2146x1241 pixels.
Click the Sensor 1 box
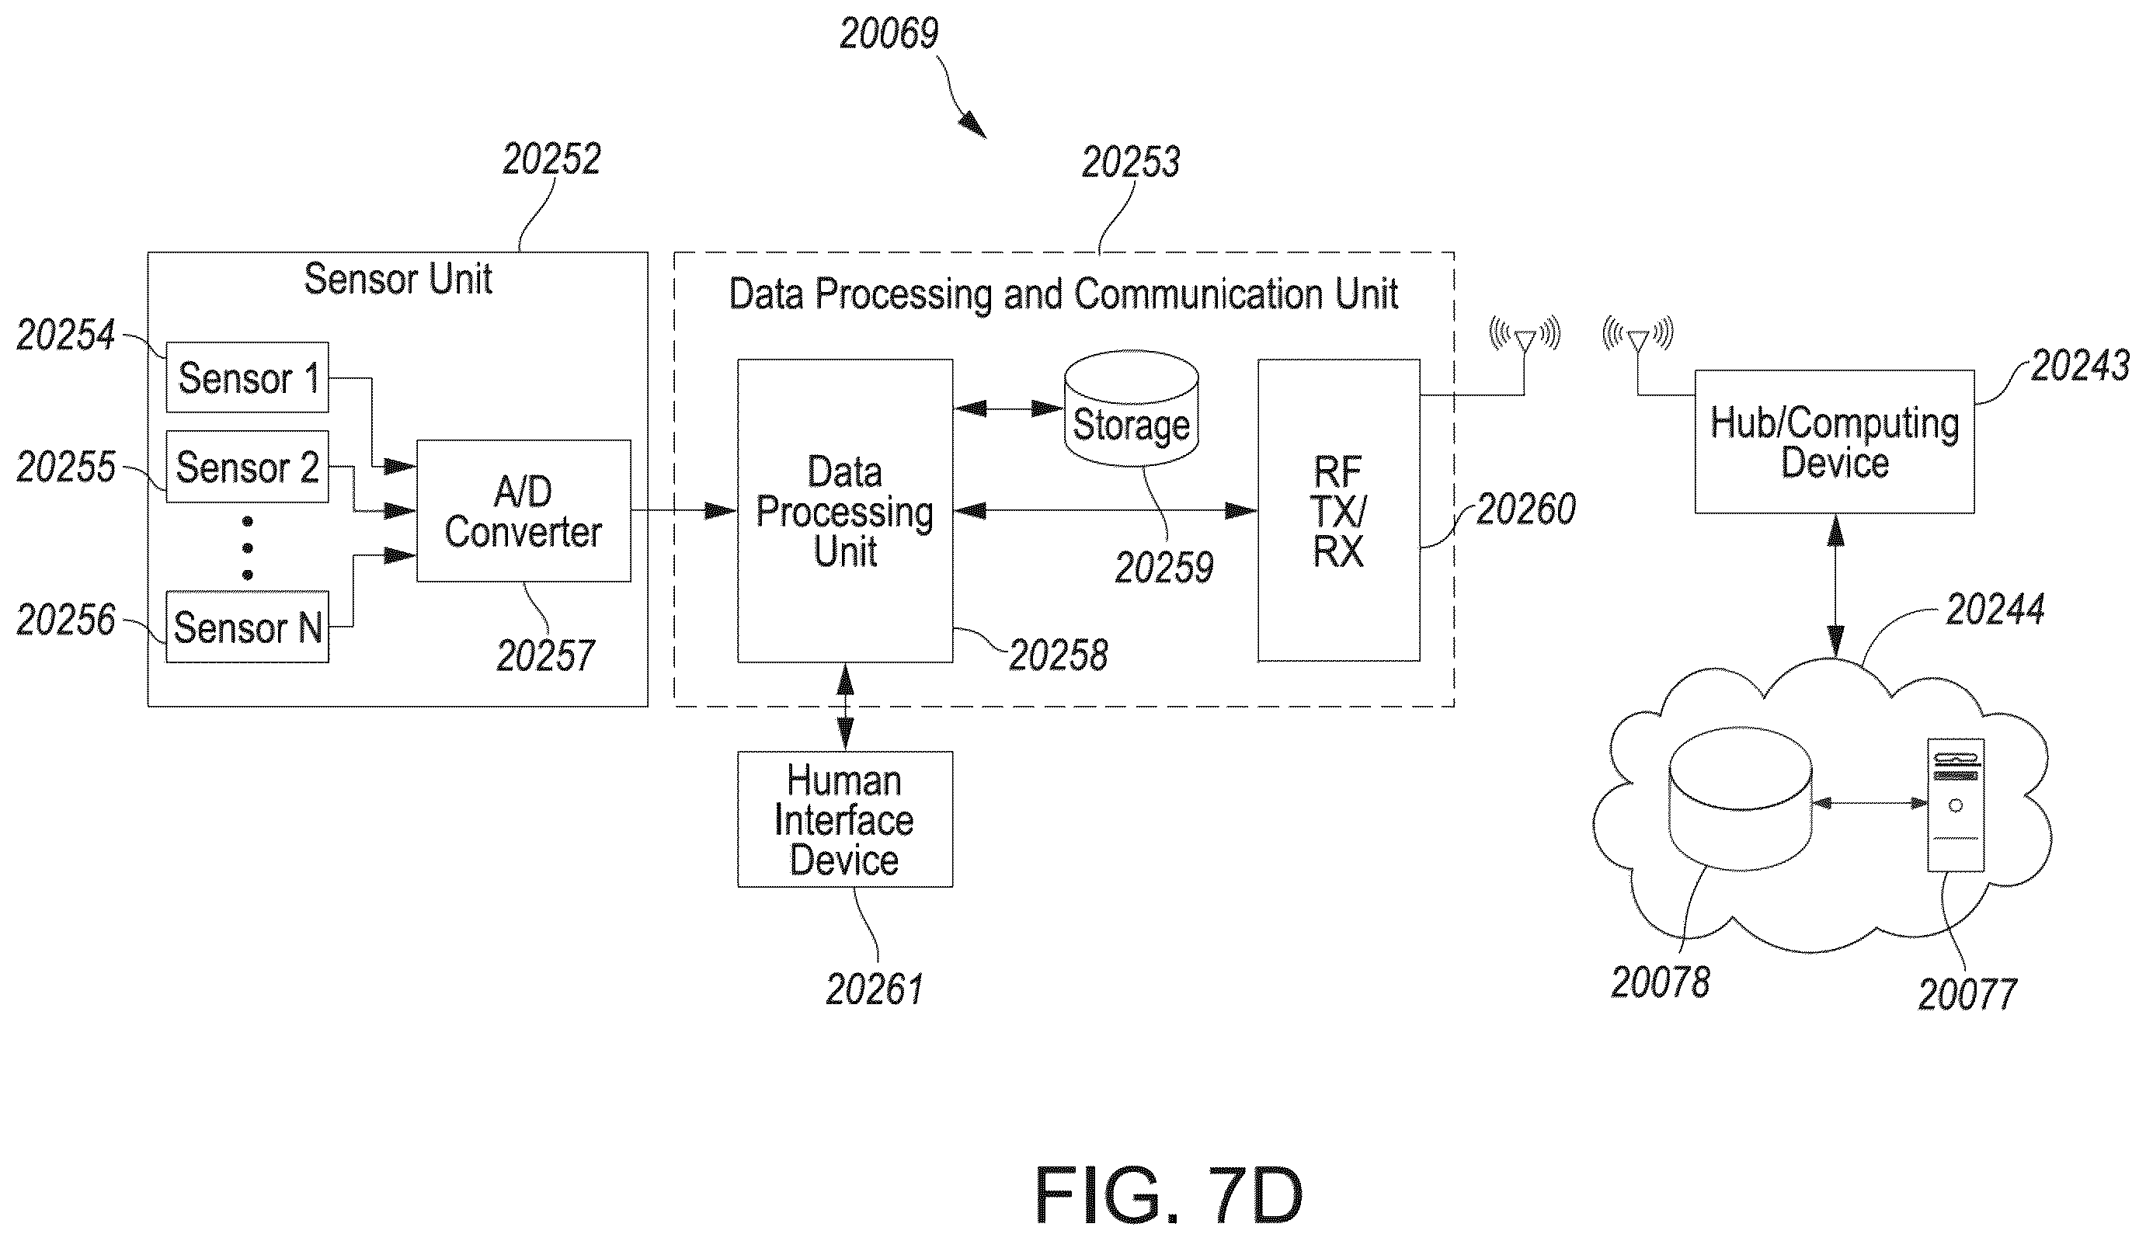(x=247, y=377)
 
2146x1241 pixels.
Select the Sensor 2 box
(x=247, y=467)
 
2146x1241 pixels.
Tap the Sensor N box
(x=247, y=627)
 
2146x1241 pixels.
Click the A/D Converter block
(x=523, y=511)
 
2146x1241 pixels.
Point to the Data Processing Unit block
(x=845, y=511)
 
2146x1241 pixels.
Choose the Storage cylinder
(x=1131, y=408)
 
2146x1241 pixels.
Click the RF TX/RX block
(x=1339, y=510)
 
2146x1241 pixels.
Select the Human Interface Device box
(x=845, y=819)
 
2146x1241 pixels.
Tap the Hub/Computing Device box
(x=1835, y=441)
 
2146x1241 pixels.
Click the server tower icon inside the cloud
(x=1956, y=805)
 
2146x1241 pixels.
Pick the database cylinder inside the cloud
(x=1740, y=798)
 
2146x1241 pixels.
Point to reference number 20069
(x=889, y=34)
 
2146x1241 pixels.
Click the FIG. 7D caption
(x=1168, y=1195)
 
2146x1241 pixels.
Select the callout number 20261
(x=875, y=989)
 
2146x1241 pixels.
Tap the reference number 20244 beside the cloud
(x=1995, y=610)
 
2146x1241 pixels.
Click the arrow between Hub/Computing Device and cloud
(x=1836, y=586)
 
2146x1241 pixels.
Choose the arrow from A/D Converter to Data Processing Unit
(x=683, y=511)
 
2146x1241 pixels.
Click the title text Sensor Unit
(x=398, y=279)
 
